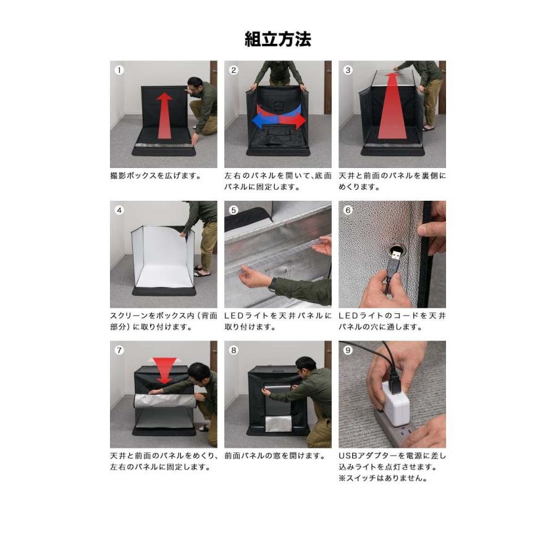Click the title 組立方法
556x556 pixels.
[x=278, y=40]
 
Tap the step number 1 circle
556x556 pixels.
[x=119, y=70]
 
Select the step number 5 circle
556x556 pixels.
[x=234, y=210]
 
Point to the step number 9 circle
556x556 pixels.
[x=348, y=350]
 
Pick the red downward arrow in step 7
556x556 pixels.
[x=164, y=369]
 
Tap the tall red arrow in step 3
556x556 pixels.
[x=392, y=105]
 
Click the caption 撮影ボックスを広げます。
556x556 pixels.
[x=155, y=175]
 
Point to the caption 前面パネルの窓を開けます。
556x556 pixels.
[x=275, y=456]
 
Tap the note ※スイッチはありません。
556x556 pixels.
[x=383, y=478]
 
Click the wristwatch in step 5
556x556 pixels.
[x=272, y=285]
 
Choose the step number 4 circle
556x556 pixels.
[x=119, y=210]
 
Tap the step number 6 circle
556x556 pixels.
[x=348, y=210]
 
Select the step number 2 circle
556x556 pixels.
[x=234, y=70]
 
